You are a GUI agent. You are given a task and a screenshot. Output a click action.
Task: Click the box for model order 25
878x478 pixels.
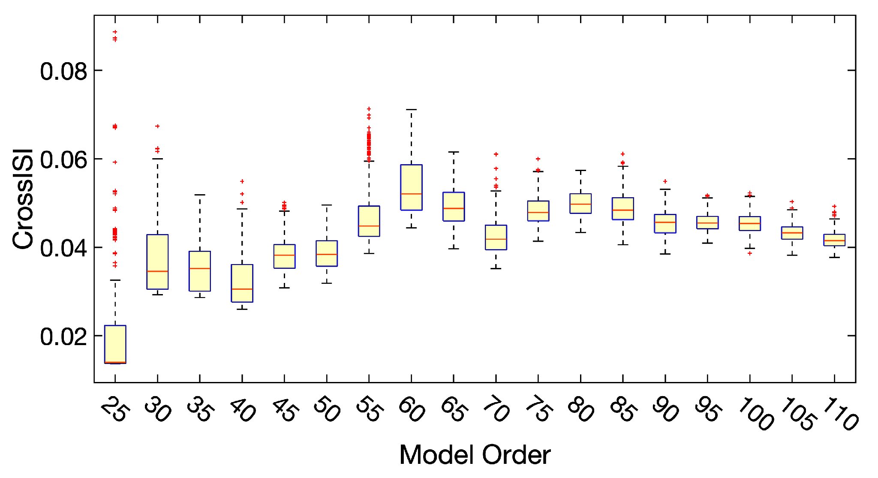click(115, 344)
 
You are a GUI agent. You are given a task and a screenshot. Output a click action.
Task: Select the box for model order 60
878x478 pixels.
click(411, 187)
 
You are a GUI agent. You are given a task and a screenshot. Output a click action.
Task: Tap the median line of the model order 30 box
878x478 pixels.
click(157, 271)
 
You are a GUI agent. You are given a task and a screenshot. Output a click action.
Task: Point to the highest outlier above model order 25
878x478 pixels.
click(115, 32)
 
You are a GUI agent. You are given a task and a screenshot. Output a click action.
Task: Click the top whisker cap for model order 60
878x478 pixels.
click(411, 110)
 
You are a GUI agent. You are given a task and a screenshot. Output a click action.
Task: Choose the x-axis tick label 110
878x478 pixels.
click(839, 414)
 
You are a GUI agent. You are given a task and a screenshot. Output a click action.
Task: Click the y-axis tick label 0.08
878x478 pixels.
click(63, 71)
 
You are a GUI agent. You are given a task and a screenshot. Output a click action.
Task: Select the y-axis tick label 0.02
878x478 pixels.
click(63, 337)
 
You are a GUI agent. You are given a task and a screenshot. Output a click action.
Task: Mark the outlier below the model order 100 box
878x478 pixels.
click(750, 253)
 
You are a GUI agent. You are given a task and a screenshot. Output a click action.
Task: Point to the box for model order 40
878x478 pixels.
click(242, 283)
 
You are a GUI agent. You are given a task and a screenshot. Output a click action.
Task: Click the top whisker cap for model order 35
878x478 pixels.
click(200, 195)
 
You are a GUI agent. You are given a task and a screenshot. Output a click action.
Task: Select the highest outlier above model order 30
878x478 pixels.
click(157, 126)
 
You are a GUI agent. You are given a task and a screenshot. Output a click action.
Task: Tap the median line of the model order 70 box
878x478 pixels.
click(496, 239)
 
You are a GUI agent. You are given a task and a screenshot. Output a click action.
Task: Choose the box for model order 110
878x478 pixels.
click(834, 240)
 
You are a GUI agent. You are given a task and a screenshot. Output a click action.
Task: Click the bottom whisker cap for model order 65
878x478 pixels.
click(454, 249)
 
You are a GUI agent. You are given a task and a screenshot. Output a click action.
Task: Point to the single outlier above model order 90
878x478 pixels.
click(665, 181)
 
